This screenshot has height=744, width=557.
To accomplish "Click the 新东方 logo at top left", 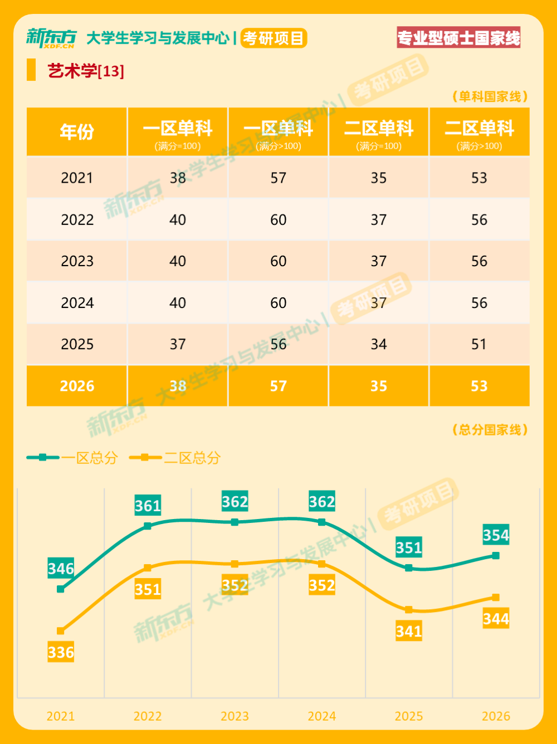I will click(51, 38).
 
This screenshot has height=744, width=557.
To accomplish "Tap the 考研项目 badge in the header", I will click(273, 38).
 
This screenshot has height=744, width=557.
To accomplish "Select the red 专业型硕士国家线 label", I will click(458, 38).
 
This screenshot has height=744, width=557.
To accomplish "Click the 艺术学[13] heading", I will click(86, 71).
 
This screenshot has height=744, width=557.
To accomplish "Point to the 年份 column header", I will click(77, 132).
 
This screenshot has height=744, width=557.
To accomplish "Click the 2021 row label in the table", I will click(77, 178).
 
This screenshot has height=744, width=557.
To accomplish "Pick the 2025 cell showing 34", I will click(379, 345).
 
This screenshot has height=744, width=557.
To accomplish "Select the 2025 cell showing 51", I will click(479, 345).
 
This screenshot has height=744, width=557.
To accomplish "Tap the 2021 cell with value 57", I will click(278, 178).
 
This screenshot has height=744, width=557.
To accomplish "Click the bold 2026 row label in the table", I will click(77, 386).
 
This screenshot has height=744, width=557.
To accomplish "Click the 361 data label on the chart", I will click(148, 506).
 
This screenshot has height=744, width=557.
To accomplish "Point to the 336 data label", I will click(61, 652).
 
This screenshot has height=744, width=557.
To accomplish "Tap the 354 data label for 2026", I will click(496, 535).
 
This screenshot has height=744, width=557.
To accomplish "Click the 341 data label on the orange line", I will click(409, 632).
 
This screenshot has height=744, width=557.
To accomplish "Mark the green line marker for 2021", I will click(61, 589).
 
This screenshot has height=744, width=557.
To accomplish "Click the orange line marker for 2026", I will click(496, 598).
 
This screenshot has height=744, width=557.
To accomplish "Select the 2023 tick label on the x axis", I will click(234, 716).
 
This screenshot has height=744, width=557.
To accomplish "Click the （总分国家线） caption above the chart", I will click(490, 430).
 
